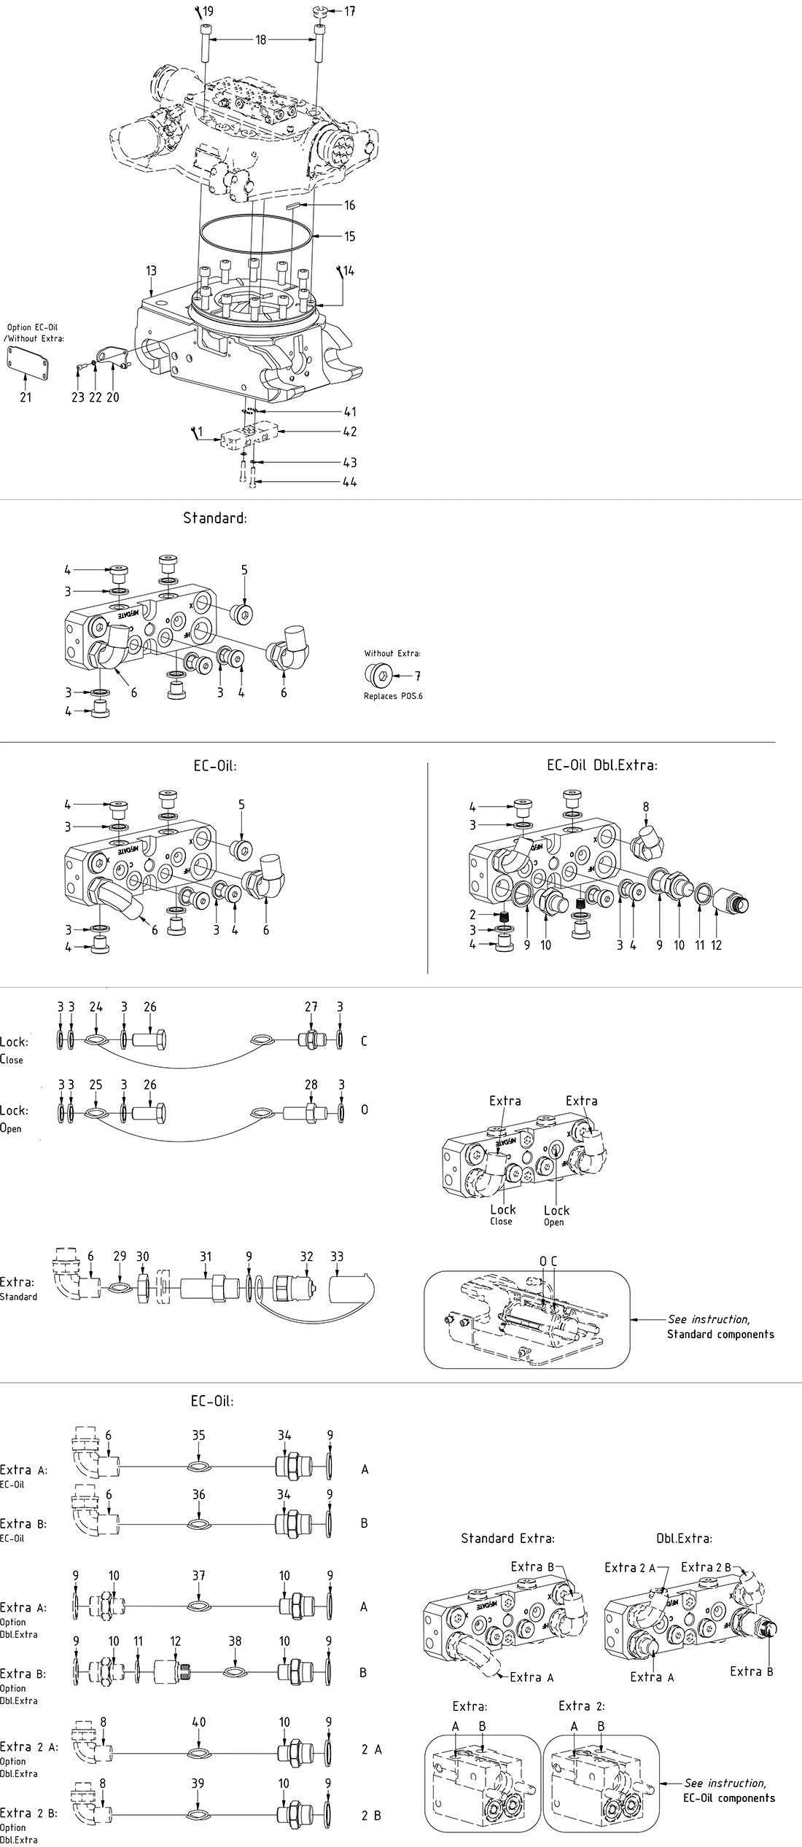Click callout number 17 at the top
[350, 12]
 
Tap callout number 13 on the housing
[151, 271]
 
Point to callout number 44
[350, 482]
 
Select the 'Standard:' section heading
[215, 518]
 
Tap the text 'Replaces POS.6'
[393, 696]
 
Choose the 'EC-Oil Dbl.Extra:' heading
[602, 765]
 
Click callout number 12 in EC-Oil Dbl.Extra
[716, 945]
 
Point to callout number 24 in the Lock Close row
[96, 1007]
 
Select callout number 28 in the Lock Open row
[311, 1084]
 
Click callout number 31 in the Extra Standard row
[206, 1256]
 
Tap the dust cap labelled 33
[352, 1289]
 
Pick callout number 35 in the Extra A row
[199, 1435]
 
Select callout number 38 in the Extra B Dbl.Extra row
[235, 1641]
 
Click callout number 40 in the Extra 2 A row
[199, 1722]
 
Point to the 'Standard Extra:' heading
[507, 1539]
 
